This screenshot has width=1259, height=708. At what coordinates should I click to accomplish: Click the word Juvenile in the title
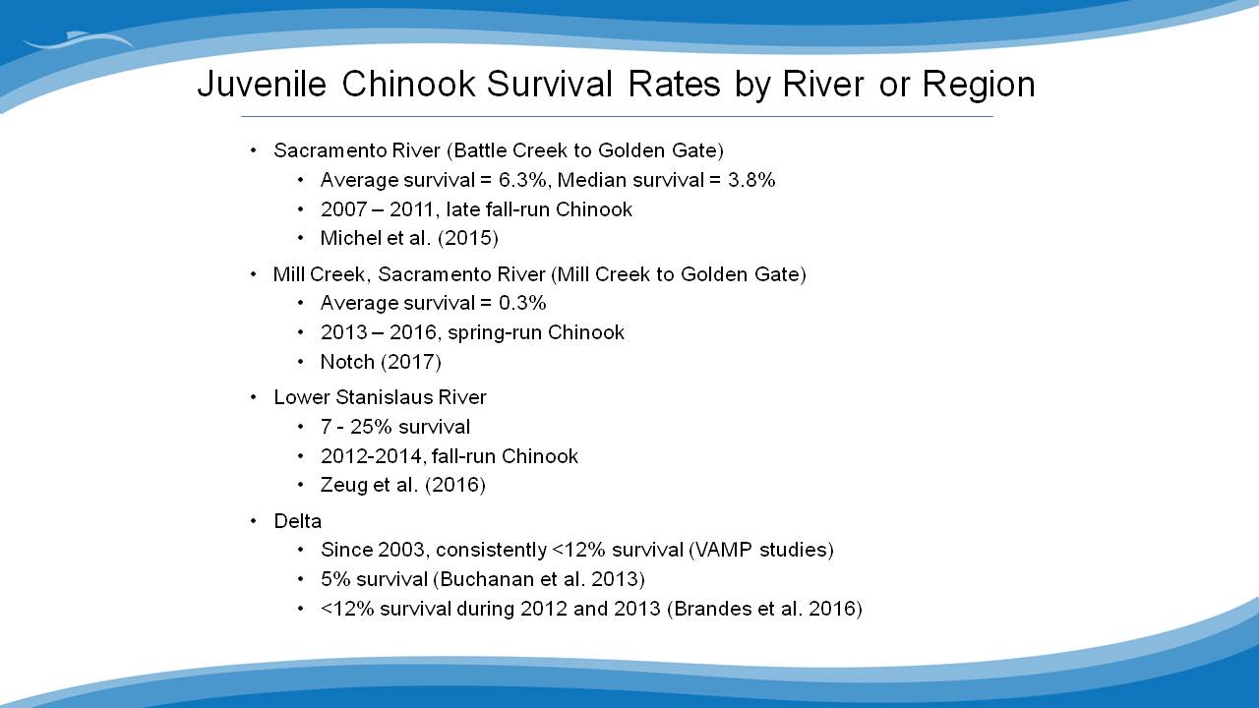[262, 85]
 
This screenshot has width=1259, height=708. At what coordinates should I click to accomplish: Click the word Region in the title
[979, 86]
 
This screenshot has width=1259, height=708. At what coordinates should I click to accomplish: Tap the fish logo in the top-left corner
[79, 40]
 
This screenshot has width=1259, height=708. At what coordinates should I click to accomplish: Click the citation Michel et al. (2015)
[409, 238]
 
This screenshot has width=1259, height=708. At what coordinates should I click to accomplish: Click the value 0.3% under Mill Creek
[522, 303]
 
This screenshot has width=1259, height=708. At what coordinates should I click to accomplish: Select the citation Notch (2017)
[381, 362]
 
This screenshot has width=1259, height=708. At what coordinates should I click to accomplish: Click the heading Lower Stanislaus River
[380, 397]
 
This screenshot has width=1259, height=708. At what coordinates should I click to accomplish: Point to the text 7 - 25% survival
[395, 427]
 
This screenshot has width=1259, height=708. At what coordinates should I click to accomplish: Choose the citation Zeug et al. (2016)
[402, 485]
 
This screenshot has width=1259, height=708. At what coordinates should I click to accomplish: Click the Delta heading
[297, 521]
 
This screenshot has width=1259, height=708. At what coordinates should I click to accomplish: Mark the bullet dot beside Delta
[253, 521]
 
